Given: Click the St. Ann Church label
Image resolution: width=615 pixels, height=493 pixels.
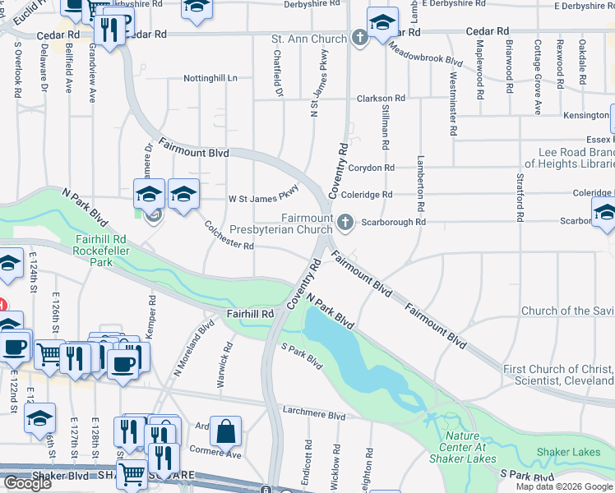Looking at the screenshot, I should (309, 39).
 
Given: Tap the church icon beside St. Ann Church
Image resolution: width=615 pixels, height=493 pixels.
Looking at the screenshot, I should (360, 38).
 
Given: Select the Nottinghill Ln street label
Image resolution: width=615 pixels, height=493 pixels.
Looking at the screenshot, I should (210, 79).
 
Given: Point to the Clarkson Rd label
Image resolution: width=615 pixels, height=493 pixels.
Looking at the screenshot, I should (381, 99).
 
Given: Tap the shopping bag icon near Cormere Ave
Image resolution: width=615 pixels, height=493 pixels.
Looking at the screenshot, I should (225, 429).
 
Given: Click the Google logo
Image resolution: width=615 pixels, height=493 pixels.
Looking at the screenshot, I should (26, 483).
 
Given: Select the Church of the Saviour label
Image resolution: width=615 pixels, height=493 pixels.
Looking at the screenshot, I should (567, 311).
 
